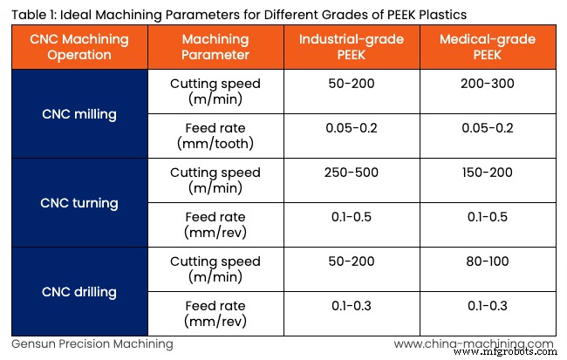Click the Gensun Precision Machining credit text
[92, 344]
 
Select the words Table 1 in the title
[32, 14]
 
